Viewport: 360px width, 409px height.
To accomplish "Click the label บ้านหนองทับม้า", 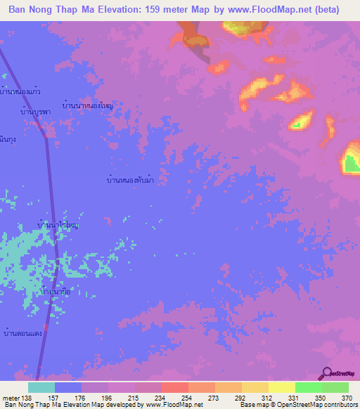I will [x=127, y=181].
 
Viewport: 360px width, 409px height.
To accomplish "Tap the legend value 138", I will [x=28, y=397].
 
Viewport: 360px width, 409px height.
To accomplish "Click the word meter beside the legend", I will [x=10, y=397].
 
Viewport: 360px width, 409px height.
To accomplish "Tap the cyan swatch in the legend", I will [x=41, y=387].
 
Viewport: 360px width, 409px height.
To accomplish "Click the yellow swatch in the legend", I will [x=282, y=387].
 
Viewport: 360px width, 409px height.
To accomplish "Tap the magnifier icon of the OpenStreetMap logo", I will [x=328, y=374].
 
